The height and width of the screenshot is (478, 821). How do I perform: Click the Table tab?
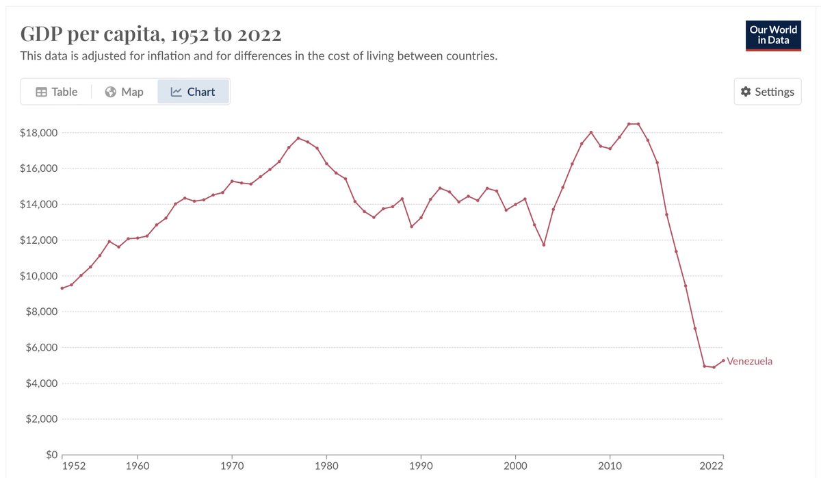click(57, 92)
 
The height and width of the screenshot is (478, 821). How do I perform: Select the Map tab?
click(125, 92)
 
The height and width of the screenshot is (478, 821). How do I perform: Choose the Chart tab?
click(193, 92)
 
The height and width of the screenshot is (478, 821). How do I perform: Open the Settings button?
click(767, 92)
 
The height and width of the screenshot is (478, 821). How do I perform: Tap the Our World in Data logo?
click(773, 35)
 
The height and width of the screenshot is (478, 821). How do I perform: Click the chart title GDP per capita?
click(151, 34)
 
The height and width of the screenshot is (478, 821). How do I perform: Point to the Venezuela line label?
click(749, 361)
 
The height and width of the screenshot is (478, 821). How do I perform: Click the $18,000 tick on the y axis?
click(38, 132)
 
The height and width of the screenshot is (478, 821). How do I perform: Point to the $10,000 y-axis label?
click(38, 276)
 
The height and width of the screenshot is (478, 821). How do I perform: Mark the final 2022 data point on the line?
click(723, 361)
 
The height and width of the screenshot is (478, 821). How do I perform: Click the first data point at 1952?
click(62, 288)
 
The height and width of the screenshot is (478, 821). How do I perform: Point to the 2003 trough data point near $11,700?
click(544, 244)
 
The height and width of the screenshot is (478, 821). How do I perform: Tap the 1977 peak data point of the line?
click(298, 138)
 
